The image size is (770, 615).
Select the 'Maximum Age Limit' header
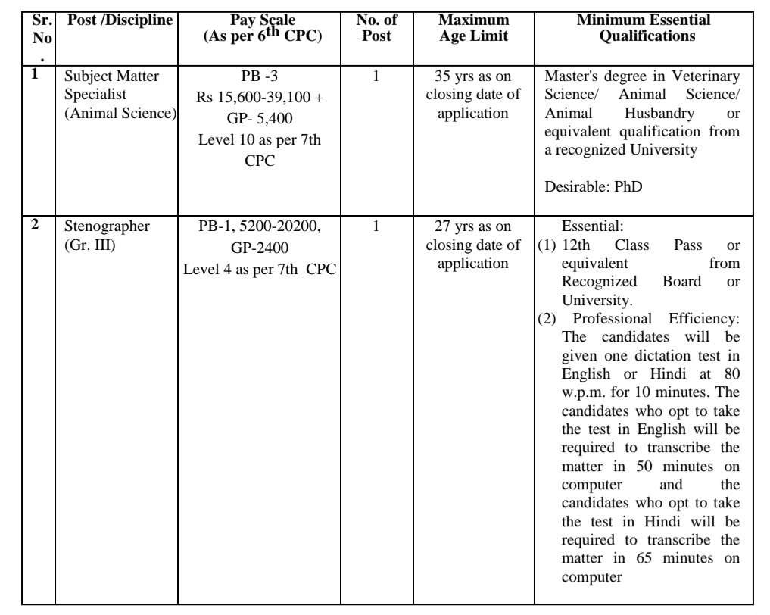click(473, 28)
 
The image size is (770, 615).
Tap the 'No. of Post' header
click(376, 28)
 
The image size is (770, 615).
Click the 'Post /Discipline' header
click(120, 20)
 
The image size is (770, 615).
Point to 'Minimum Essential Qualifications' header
click(643, 28)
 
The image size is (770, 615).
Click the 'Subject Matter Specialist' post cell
click(120, 95)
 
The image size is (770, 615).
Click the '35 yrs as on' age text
click(473, 76)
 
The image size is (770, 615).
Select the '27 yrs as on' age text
click(473, 226)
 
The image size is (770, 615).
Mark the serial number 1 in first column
click(35, 73)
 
